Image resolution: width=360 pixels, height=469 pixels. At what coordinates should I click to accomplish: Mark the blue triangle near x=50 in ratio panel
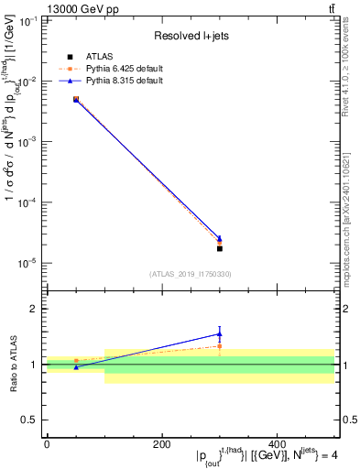pyautogui.click(x=76, y=367)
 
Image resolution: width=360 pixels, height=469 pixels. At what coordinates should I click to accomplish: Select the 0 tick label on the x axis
pyautogui.click(x=47, y=444)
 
